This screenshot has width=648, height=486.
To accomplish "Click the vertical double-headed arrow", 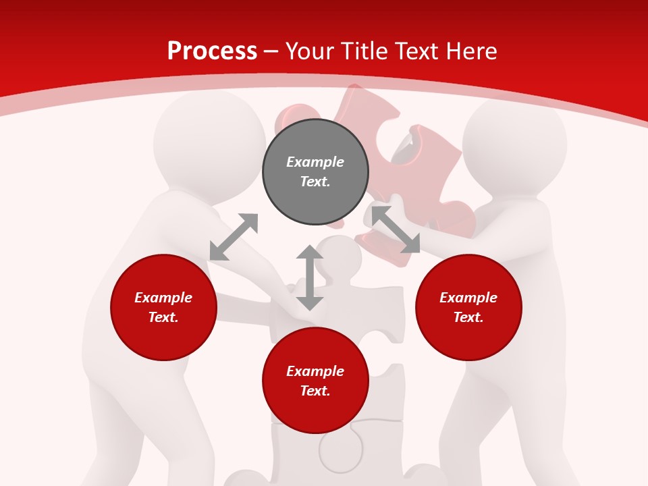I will pyautogui.click(x=310, y=277).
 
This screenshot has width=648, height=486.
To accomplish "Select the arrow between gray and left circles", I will pyautogui.click(x=234, y=237).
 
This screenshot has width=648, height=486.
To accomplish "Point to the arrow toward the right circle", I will pyautogui.click(x=396, y=230).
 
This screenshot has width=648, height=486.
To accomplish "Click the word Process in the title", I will pyautogui.click(x=212, y=51).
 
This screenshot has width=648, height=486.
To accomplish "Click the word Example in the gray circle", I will pyautogui.click(x=315, y=162).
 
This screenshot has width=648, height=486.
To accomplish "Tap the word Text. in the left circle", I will pyautogui.click(x=163, y=317).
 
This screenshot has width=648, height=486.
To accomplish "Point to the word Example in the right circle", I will pyautogui.click(x=468, y=298).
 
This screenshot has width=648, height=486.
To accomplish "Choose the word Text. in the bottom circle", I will pyautogui.click(x=315, y=391).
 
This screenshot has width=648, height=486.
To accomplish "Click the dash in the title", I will pyautogui.click(x=271, y=51).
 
